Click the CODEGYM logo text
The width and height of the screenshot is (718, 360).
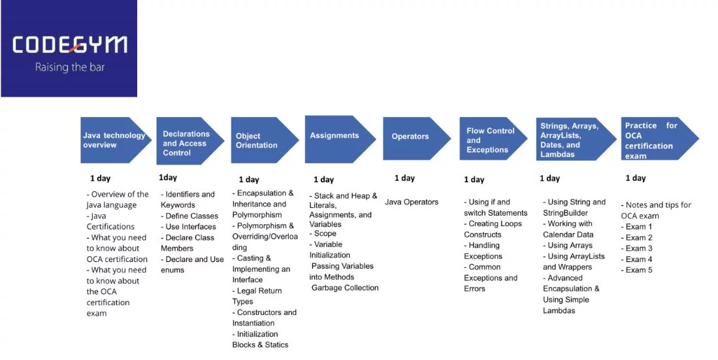pyautogui.click(x=69, y=45)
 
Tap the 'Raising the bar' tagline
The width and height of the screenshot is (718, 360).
pyautogui.click(x=69, y=67)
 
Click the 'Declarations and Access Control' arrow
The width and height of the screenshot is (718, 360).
pyautogui.click(x=188, y=143)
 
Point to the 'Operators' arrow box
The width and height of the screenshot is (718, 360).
pyautogui.click(x=412, y=137)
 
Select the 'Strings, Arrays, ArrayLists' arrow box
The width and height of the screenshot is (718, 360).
pyautogui.click(x=570, y=140)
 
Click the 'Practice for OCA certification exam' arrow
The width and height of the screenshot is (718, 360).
pyautogui.click(x=654, y=140)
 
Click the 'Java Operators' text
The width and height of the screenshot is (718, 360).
pyautogui.click(x=412, y=202)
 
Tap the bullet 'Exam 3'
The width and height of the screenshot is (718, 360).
pyautogui.click(x=636, y=248)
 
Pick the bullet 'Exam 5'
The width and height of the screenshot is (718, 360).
pyautogui.click(x=636, y=270)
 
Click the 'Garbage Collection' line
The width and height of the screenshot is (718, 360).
pyautogui.click(x=345, y=287)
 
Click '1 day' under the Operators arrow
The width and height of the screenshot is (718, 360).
pyautogui.click(x=404, y=178)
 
